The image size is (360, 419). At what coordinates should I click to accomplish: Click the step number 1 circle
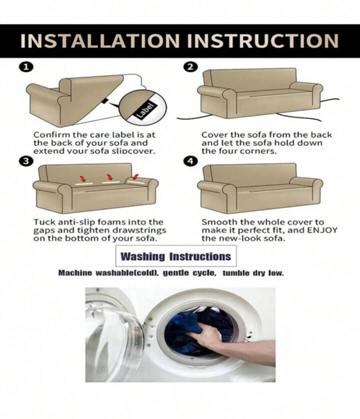click(26, 67)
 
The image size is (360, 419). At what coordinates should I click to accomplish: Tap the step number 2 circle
click(190, 67)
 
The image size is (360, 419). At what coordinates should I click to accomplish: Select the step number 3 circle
click(26, 161)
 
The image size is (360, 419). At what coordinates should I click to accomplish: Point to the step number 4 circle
click(190, 161)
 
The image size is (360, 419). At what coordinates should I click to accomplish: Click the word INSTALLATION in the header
click(100, 41)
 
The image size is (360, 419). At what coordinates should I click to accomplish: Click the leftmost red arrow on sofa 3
click(83, 178)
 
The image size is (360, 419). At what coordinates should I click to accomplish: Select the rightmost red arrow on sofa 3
click(136, 176)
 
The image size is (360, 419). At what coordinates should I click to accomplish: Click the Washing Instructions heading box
click(176, 256)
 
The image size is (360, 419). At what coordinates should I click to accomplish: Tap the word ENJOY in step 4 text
click(322, 230)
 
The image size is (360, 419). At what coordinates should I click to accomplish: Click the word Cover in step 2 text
click(213, 135)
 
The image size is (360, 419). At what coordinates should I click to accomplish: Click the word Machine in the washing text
click(75, 273)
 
